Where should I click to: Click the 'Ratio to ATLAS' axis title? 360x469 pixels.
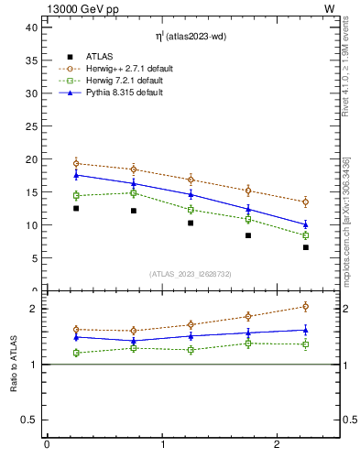point(14,365)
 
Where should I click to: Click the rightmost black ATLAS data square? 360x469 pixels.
point(306,247)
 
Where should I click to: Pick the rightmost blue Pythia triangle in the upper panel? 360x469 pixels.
point(306,224)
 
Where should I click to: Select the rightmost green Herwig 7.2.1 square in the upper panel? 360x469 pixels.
point(306,235)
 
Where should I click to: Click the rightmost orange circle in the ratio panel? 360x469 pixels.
point(306,306)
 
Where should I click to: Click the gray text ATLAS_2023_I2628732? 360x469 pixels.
point(191,274)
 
